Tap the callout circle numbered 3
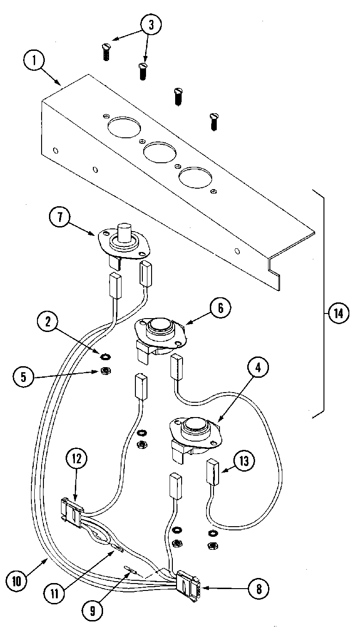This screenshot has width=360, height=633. (149, 25)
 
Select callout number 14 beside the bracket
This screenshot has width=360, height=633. (339, 313)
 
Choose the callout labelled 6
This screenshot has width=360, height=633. (220, 308)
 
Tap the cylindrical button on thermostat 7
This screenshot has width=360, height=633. (124, 232)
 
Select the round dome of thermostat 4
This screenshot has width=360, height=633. (193, 424)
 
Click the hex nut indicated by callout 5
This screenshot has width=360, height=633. (105, 370)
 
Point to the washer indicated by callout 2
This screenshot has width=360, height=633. (105, 356)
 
